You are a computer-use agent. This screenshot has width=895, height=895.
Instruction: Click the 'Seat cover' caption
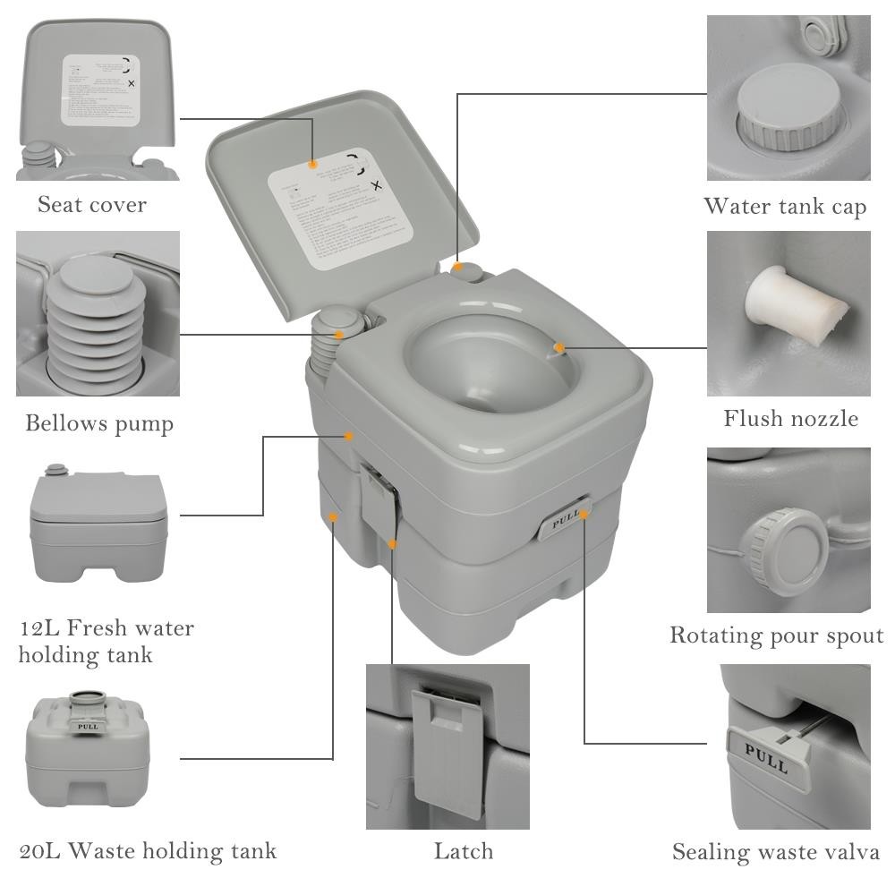point(92,205)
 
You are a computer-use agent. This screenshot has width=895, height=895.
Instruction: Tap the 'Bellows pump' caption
point(98,423)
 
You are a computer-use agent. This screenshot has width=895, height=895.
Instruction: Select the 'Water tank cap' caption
point(785,207)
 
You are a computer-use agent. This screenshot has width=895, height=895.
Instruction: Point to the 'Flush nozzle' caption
point(790,418)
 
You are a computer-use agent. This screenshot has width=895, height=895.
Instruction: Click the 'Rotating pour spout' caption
point(776,635)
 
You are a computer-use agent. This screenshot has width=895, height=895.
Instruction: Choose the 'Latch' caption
point(463,850)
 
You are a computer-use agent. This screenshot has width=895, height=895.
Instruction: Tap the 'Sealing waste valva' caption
point(775,852)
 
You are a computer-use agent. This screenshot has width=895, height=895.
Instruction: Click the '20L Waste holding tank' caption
point(148,850)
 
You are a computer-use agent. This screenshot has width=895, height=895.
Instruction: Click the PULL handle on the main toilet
point(563,520)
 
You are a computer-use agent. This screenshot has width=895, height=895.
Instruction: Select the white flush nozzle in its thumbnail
point(792,309)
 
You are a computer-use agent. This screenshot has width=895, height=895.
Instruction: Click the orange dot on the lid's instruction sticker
point(312,164)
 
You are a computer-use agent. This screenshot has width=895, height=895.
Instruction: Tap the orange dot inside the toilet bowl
point(559,347)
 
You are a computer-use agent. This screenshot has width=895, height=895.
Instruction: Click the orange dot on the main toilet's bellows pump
point(339,335)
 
